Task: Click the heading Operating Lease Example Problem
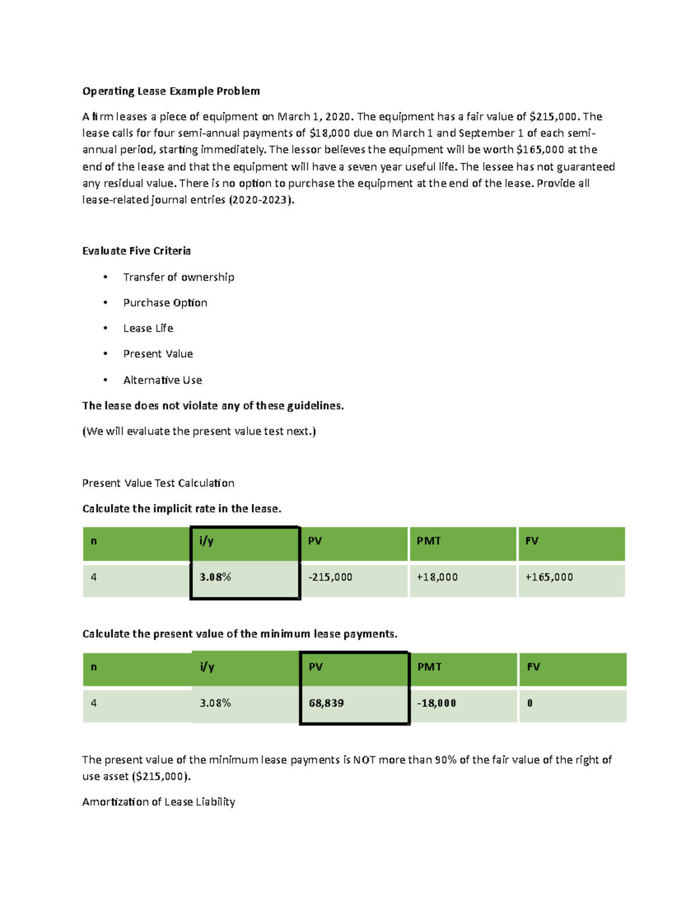click(x=171, y=91)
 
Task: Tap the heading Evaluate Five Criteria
click(x=136, y=251)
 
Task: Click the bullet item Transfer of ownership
click(x=178, y=277)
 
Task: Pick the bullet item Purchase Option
click(x=165, y=303)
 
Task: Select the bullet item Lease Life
click(x=148, y=328)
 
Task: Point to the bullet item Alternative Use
click(x=162, y=380)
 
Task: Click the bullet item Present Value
click(x=157, y=354)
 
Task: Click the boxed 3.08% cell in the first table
click(x=215, y=577)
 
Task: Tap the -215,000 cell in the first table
click(x=330, y=577)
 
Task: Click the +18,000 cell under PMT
click(x=437, y=577)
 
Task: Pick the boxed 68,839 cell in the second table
click(x=326, y=703)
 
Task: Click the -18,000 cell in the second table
click(x=437, y=703)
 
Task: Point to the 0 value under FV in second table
click(x=530, y=703)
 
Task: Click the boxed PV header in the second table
click(x=316, y=667)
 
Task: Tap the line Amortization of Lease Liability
click(x=159, y=802)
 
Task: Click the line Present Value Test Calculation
click(x=158, y=483)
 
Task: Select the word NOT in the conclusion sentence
click(x=364, y=760)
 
